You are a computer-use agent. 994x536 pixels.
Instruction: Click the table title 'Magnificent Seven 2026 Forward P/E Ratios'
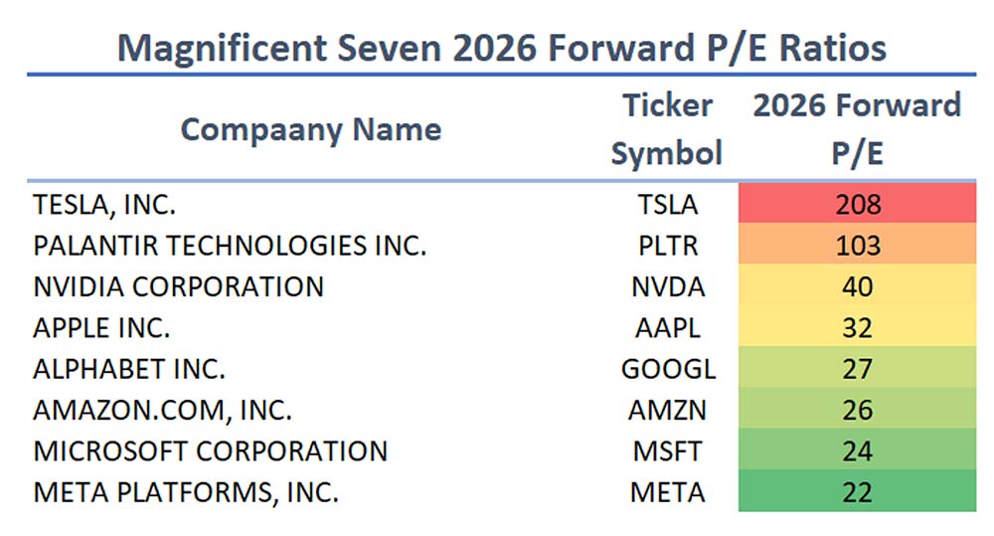tap(501, 47)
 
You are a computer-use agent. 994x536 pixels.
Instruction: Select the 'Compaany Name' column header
tap(311, 129)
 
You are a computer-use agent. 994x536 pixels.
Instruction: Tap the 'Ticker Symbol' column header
tap(666, 129)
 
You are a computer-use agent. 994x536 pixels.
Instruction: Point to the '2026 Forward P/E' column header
tap(857, 129)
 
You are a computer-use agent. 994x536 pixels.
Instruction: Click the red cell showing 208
tap(857, 205)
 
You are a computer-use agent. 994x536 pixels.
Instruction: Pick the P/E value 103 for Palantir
tap(857, 246)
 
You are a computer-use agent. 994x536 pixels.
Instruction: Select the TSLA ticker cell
tap(667, 205)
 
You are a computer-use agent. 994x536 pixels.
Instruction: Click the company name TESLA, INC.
tap(104, 205)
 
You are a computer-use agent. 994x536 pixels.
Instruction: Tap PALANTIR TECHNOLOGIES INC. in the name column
tap(230, 246)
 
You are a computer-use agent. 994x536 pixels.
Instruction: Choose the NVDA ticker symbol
tap(667, 286)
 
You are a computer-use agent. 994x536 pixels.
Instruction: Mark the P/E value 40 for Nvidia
tap(857, 286)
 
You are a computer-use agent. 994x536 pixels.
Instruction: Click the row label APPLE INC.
tap(101, 327)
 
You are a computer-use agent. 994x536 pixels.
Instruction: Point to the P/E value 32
tap(857, 327)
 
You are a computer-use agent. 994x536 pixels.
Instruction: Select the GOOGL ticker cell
tap(667, 369)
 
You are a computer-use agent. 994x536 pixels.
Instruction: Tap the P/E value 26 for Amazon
tap(857, 410)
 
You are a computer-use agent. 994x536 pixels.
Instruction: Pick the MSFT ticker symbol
tap(667, 450)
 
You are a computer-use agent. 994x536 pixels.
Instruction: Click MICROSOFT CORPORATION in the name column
tap(210, 450)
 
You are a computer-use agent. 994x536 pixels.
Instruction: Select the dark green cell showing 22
tap(857, 491)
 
